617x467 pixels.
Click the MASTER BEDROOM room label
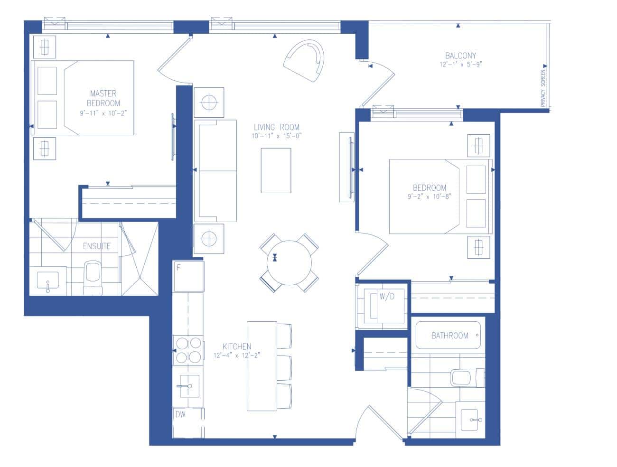103,98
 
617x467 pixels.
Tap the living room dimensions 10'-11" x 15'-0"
276,136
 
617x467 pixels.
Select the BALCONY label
460,56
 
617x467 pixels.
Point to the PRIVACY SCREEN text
542,88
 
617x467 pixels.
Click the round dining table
289,263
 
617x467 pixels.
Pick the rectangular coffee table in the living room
276,170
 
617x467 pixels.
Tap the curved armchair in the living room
304,60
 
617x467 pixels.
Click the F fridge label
178,268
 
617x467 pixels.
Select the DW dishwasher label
180,414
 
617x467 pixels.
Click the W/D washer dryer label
387,296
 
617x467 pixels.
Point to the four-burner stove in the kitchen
188,350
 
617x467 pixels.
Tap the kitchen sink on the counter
189,386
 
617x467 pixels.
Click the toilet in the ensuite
93,278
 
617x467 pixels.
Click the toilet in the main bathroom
467,378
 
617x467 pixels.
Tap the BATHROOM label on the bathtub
449,336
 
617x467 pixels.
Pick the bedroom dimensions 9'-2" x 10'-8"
429,196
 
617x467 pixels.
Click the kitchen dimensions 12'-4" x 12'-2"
237,355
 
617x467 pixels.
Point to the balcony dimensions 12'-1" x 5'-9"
461,65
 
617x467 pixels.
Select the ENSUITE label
97,246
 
